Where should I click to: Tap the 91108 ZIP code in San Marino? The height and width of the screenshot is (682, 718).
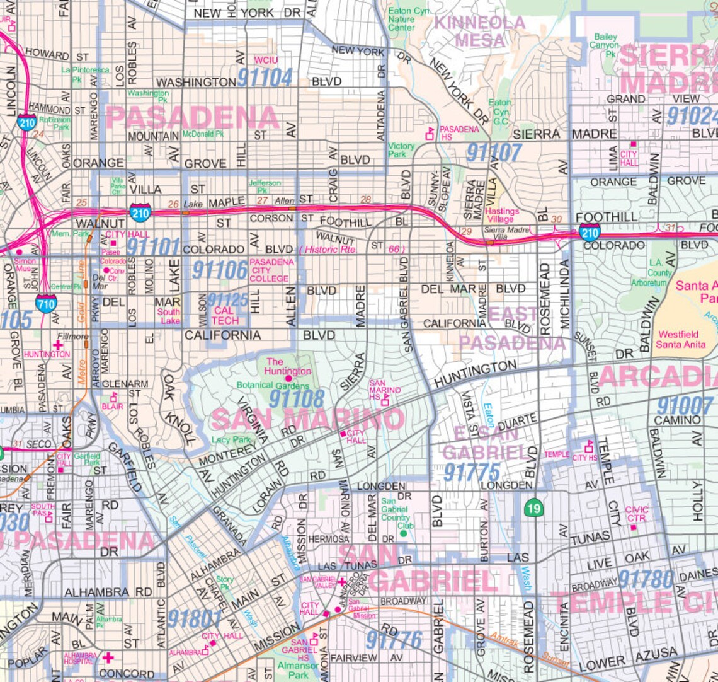click(x=296, y=398)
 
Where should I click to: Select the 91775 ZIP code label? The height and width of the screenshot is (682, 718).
click(x=471, y=472)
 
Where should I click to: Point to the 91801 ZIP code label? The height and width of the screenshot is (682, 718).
click(x=195, y=619)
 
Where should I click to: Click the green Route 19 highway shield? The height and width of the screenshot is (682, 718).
click(x=534, y=508)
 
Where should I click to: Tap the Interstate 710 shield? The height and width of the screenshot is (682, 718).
click(x=46, y=304)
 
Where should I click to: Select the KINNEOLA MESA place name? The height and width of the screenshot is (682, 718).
click(x=480, y=32)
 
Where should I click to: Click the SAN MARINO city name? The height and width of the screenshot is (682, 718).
click(x=307, y=419)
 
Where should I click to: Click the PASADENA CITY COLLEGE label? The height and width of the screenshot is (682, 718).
click(x=271, y=270)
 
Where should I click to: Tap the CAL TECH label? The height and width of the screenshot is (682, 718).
click(x=224, y=316)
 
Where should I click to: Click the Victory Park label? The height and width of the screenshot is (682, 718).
click(x=401, y=150)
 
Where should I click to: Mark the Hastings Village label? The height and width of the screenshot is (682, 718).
click(x=502, y=216)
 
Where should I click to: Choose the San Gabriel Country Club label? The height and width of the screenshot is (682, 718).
click(x=395, y=514)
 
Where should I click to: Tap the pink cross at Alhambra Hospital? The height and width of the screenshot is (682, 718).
click(x=108, y=658)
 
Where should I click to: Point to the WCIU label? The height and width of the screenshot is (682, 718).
click(x=266, y=61)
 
